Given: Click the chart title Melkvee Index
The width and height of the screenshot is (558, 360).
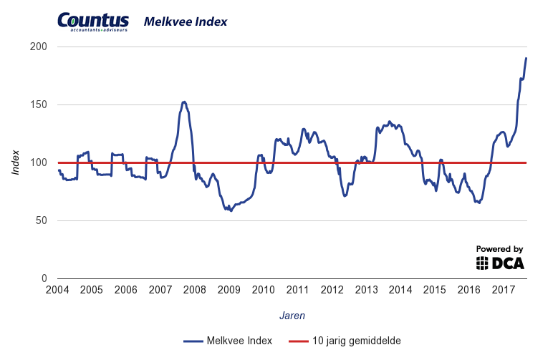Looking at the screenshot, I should tap(186, 21).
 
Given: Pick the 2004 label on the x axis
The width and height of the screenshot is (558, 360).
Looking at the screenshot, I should tap(57, 290).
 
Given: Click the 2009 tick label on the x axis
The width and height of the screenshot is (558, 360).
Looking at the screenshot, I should tap(229, 290).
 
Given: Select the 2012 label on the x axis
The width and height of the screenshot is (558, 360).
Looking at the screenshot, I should tap(332, 290).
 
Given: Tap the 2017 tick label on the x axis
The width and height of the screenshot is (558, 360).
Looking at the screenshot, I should tap(504, 290).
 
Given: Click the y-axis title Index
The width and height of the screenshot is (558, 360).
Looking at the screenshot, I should tap(16, 162).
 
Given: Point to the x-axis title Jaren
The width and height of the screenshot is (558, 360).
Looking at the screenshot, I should tap(292, 314).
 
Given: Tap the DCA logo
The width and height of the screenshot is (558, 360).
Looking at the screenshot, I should tap(500, 263).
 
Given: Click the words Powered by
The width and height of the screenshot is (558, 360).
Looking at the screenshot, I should tap(500, 248).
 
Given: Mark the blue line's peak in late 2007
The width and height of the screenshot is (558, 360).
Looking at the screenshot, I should tap(183, 102).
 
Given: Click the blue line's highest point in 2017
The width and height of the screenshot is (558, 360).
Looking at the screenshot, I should tap(526, 58).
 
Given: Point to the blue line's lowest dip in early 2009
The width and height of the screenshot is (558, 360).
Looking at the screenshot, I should tap(231, 210).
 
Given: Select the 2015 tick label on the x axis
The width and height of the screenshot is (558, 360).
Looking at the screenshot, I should tap(435, 290).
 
